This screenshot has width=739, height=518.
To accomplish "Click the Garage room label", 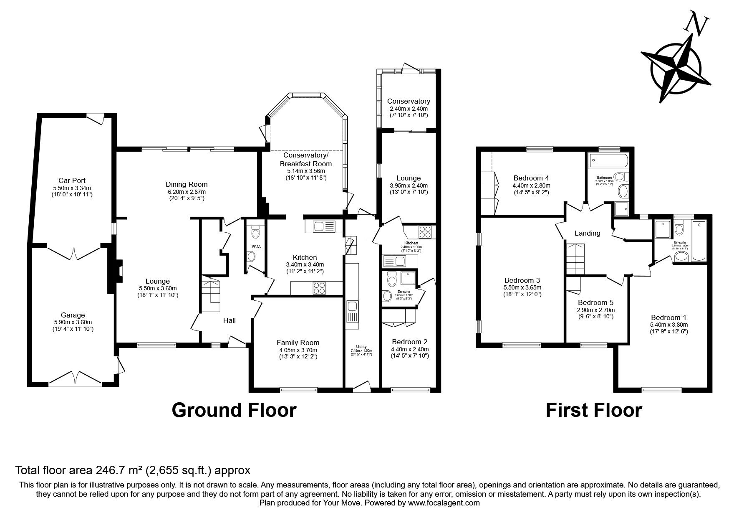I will [x=73, y=315].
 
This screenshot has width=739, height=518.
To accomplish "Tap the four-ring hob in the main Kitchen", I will [x=320, y=288].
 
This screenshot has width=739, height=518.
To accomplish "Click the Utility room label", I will [x=361, y=346].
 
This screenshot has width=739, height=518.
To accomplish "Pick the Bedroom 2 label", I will [x=410, y=342].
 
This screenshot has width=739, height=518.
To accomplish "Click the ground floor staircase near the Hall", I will [x=211, y=291].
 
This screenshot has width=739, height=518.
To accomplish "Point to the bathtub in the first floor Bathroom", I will [x=605, y=160].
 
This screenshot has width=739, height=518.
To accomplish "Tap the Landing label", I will [x=587, y=233].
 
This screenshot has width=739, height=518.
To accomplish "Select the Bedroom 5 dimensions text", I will [x=595, y=313].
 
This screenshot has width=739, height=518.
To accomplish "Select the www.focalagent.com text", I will [x=444, y=503].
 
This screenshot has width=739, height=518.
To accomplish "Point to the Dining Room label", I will [x=187, y=184].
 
